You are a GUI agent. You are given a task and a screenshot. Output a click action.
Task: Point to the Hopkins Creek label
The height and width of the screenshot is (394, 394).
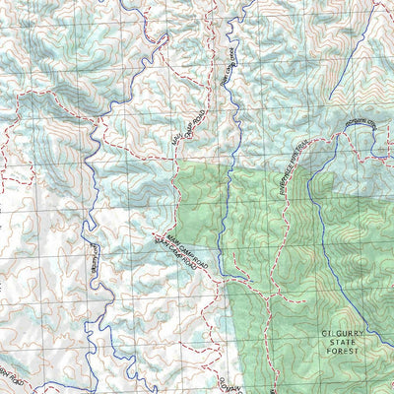(x=365, y=125)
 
